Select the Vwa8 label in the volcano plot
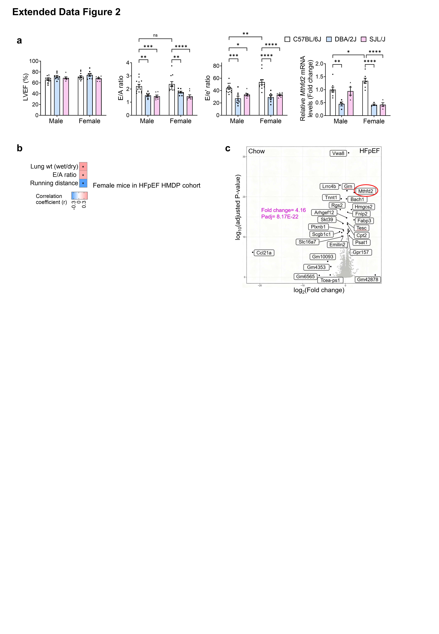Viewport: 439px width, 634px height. click(338, 153)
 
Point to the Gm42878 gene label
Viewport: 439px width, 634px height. click(367, 280)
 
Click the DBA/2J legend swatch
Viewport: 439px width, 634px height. click(329, 39)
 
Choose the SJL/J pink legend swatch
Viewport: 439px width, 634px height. click(364, 39)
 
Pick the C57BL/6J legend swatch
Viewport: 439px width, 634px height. click(287, 39)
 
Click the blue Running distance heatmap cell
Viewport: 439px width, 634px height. click(83, 183)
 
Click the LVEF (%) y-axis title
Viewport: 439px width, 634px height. click(26, 87)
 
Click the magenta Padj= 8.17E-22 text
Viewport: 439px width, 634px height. click(280, 217)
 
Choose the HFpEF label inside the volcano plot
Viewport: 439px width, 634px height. click(369, 151)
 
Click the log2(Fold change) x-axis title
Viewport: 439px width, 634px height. click(319, 290)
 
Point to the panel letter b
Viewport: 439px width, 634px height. click(20, 148)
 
